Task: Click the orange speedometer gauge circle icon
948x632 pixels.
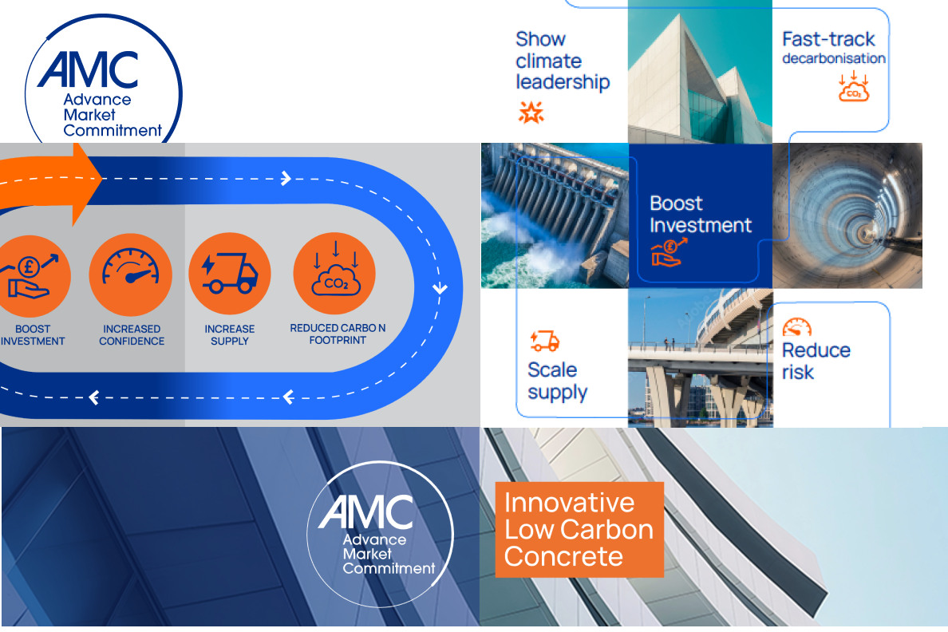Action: (131, 275)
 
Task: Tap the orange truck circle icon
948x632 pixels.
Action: (230, 274)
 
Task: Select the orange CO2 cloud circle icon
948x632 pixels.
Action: (334, 274)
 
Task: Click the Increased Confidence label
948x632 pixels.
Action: (132, 335)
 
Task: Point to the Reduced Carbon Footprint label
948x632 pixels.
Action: (338, 334)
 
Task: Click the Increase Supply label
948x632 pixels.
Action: (230, 335)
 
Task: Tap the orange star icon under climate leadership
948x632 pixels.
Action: (531, 112)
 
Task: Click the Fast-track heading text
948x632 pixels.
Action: (828, 39)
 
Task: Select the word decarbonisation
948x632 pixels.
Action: (834, 58)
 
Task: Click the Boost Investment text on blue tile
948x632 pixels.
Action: (700, 214)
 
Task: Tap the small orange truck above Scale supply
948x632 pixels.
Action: (545, 341)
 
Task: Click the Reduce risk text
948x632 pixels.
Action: (816, 361)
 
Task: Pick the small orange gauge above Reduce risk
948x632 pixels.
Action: (797, 326)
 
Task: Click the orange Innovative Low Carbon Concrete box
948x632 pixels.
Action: (579, 529)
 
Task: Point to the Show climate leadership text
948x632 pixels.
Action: (563, 61)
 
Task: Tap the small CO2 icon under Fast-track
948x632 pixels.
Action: (854, 86)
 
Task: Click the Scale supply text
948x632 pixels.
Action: (558, 381)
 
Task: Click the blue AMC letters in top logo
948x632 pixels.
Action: (89, 70)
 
